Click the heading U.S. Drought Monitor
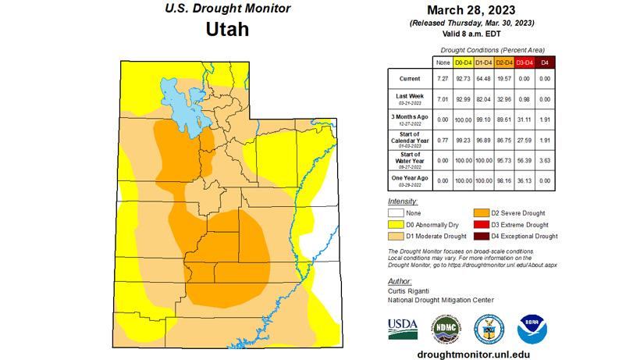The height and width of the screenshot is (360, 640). click(x=228, y=9)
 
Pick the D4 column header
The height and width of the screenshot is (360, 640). click(x=545, y=61)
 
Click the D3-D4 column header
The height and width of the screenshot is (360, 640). click(x=524, y=61)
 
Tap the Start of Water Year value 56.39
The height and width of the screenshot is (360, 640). click(x=524, y=159)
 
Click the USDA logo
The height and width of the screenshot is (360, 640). click(x=404, y=327)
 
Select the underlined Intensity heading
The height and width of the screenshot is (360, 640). click(x=402, y=201)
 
